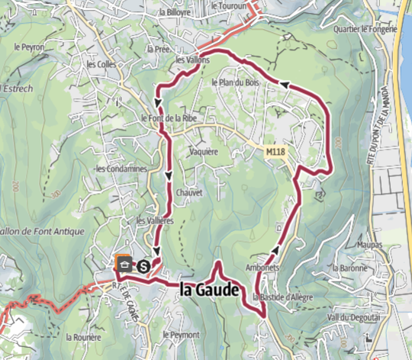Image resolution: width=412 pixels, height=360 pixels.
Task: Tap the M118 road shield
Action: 275,153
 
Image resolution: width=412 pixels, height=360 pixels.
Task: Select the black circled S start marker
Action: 143,266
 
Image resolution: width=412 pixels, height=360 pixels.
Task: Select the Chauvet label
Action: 189,193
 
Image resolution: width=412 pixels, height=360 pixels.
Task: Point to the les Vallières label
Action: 155,220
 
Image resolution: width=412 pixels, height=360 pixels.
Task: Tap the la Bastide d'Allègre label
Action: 282,296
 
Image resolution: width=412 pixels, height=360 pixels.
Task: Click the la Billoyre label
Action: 174,13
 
